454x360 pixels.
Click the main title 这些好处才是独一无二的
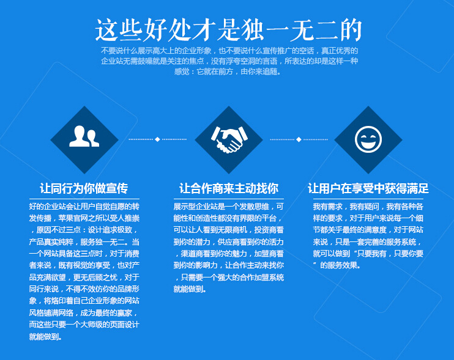click(228, 30)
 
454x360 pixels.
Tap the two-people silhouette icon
click(84, 136)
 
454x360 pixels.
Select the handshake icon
click(229, 139)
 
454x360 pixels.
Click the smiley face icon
click(368, 139)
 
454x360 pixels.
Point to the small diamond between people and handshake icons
click(157, 139)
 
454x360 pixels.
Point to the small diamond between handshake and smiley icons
click(299, 139)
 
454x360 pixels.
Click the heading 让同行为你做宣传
click(84, 188)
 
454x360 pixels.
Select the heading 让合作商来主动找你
click(229, 188)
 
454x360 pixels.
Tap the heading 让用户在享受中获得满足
click(368, 188)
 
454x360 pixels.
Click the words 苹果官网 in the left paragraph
click(73, 218)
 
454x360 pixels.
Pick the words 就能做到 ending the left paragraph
click(43, 337)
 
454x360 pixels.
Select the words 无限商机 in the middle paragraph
click(233, 230)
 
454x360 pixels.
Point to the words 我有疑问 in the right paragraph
click(364, 207)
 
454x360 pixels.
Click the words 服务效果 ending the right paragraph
click(342, 265)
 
